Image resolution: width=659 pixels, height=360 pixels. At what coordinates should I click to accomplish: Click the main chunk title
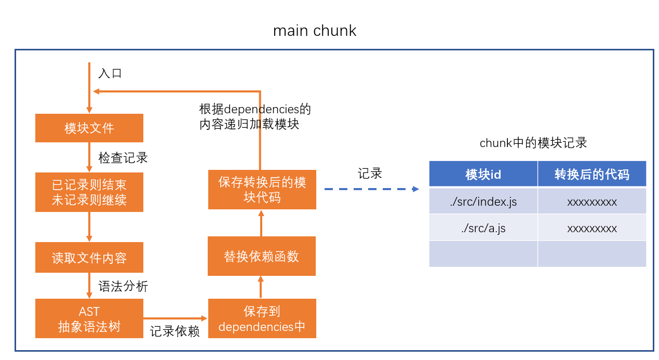click(315, 31)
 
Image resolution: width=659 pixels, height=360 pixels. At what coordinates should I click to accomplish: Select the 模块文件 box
click(89, 128)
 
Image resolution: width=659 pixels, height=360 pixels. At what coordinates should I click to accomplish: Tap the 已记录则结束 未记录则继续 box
click(89, 192)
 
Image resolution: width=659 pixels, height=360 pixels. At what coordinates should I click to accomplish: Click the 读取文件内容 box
click(89, 258)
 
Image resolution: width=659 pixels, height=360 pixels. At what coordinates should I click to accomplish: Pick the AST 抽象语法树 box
click(89, 318)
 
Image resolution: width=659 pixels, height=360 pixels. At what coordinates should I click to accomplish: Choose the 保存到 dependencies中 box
click(262, 318)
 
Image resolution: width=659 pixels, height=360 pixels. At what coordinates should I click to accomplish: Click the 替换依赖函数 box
click(262, 256)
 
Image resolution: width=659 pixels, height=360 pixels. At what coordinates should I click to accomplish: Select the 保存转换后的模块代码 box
click(262, 190)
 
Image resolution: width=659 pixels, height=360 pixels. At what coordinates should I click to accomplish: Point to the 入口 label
click(110, 73)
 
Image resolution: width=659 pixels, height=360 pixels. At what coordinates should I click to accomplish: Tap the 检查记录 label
click(123, 158)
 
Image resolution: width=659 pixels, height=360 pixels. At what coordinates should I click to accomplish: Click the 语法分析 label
click(123, 286)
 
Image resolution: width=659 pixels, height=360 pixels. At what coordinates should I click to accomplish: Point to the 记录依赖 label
click(175, 331)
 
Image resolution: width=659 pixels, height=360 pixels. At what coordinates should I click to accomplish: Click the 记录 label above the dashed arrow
click(370, 174)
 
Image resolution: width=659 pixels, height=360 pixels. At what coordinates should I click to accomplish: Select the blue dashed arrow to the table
click(371, 189)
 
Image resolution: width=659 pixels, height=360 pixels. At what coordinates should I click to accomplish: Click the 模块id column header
click(483, 175)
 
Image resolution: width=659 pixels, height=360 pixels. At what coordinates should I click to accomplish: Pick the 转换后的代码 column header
click(592, 175)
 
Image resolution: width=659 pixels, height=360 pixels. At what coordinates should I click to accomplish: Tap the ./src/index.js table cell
click(483, 202)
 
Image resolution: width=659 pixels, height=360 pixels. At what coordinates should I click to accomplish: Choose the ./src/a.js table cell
click(483, 228)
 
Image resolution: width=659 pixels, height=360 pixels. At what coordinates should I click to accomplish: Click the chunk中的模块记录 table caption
click(533, 143)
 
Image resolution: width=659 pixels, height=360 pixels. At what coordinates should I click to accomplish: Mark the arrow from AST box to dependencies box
click(175, 318)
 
